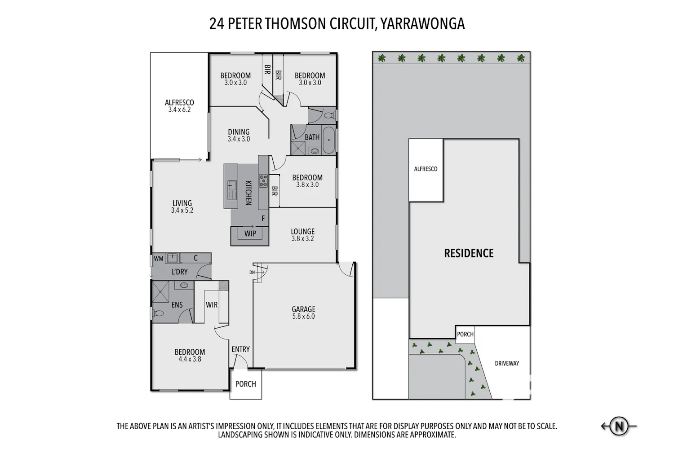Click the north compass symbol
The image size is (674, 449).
pos(619,426)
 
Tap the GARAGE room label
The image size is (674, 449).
pos(303,309)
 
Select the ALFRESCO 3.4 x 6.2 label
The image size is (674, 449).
pos(179,106)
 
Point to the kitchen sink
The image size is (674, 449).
pos(232,190)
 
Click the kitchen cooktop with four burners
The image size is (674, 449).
pos(263,181)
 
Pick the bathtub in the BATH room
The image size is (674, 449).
pos(329,141)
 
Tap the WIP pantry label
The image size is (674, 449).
pos(250,233)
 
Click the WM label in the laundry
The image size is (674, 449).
pos(159,258)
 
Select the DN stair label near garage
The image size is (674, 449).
pos(252,273)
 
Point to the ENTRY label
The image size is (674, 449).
pos(241,349)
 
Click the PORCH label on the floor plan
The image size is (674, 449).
pos(245,384)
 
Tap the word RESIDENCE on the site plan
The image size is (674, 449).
pos(469,253)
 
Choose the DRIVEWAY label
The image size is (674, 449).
pos(507,363)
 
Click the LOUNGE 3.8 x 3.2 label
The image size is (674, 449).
pos(303,235)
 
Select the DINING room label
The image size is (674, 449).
pos(239,132)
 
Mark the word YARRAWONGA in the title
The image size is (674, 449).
pos(422,24)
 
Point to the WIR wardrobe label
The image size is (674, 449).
pos(212,304)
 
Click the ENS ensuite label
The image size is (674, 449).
pos(177,304)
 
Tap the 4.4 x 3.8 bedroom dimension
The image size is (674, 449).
pos(190,359)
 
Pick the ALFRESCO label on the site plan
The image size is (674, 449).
pos(426,169)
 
